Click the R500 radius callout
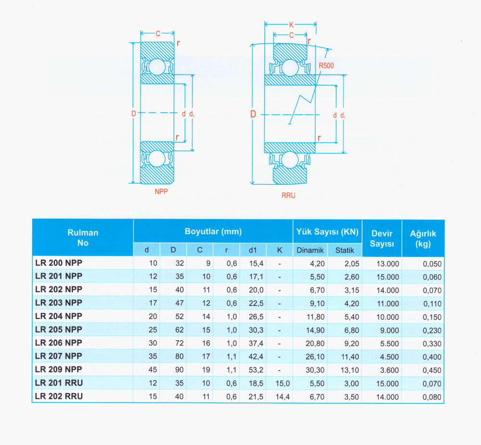(326, 65)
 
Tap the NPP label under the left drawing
(161, 191)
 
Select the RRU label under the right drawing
(288, 195)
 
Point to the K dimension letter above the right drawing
(291, 25)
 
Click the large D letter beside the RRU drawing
(253, 114)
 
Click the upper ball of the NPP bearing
(157, 67)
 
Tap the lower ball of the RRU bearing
(290, 160)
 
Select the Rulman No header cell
(83, 238)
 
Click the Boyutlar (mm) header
(213, 231)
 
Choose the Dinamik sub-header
(310, 250)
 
